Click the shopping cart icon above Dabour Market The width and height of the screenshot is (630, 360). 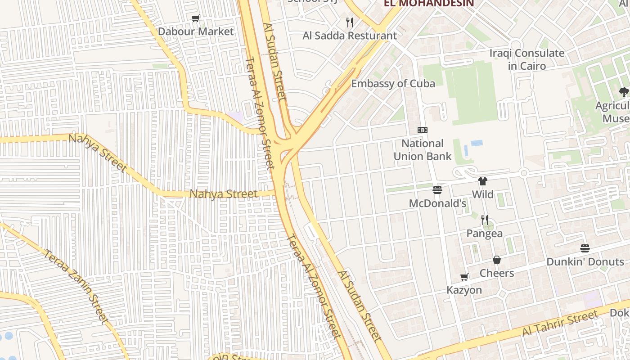pos(195,18)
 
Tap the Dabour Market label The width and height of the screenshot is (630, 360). pos(196,31)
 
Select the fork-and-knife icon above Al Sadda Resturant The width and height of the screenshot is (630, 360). pos(350,22)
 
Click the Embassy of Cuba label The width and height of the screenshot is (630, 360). pos(393,84)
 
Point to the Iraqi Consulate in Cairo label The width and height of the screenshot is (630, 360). pos(526,59)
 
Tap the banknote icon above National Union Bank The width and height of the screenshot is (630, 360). pos(422,130)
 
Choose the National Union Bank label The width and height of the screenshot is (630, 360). pos(422,150)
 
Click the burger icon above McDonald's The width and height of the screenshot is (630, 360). pos(437,190)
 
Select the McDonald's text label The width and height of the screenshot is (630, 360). pos(437,203)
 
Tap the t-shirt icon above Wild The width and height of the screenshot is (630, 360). pos(483,181)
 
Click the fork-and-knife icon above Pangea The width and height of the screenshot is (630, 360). pos(485,220)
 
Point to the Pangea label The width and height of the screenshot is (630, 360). pos(485,234)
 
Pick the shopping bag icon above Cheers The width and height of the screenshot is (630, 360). pos(497,260)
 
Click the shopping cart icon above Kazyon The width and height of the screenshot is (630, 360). pos(464,277)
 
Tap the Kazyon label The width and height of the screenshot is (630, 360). pos(464,290)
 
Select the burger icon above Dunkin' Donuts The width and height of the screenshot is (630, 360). pos(585,248)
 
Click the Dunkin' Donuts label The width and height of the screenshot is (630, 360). pos(585,262)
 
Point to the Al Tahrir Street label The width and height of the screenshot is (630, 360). pos(560,324)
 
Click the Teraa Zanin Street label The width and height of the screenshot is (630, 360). pos(76,286)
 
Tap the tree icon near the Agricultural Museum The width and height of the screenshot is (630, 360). pos(624,92)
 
